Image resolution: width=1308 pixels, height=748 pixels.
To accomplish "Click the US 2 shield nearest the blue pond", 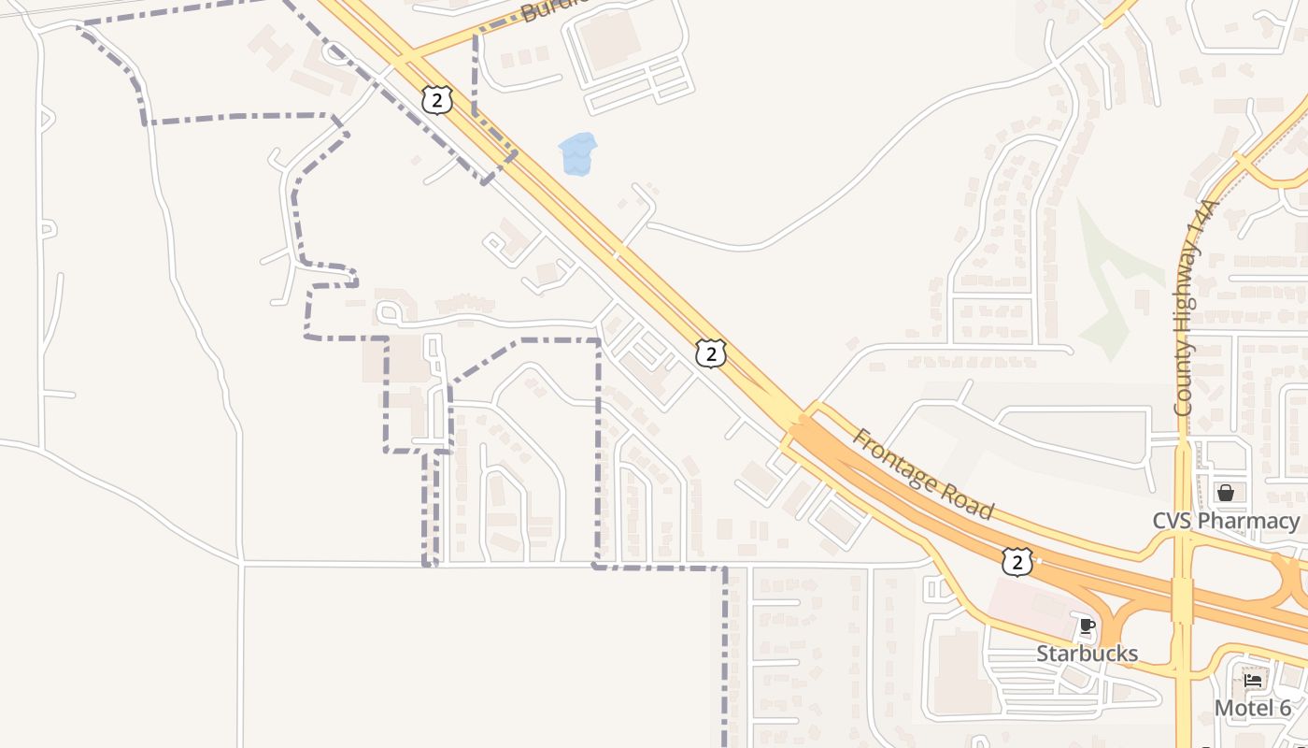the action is pyautogui.click(x=436, y=100).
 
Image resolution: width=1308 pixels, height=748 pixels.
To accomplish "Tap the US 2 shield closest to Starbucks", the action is pyautogui.click(x=1017, y=561).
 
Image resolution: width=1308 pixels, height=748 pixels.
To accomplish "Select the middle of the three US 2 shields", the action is pyautogui.click(x=711, y=352).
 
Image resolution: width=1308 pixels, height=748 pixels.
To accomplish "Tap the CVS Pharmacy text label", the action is pyautogui.click(x=1226, y=521).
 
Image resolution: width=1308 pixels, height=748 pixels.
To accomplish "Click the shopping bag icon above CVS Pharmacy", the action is pyautogui.click(x=1226, y=493).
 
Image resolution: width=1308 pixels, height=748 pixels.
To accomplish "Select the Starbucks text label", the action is pyautogui.click(x=1087, y=654).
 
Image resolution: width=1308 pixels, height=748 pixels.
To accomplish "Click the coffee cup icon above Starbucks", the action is pyautogui.click(x=1087, y=626).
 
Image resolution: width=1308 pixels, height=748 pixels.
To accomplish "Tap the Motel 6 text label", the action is pyautogui.click(x=1252, y=709).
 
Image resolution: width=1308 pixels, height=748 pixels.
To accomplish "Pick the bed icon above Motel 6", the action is pyautogui.click(x=1253, y=682).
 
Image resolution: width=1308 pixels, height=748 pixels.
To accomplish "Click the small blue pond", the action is pyautogui.click(x=577, y=154).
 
